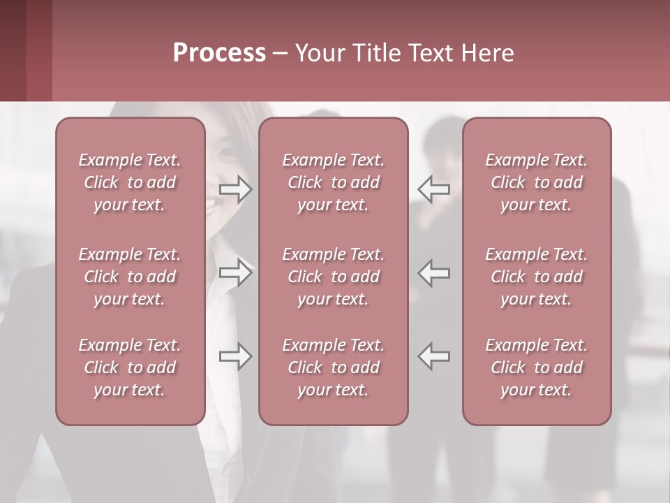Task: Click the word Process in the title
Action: (x=219, y=53)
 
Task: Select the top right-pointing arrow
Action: (x=236, y=189)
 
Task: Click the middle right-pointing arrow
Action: (x=236, y=272)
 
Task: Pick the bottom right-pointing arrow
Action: (x=236, y=356)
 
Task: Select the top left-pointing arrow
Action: (x=433, y=189)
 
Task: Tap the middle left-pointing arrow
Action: (x=433, y=272)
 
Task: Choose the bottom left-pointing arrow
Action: (x=433, y=356)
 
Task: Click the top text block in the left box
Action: (x=130, y=182)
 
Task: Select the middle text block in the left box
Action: (x=130, y=277)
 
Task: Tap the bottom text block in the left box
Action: (x=130, y=367)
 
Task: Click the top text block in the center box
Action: (x=334, y=182)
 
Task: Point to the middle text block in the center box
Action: (x=334, y=277)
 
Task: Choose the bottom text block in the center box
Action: (x=334, y=367)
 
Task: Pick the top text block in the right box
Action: (x=537, y=182)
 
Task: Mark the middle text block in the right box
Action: (x=537, y=277)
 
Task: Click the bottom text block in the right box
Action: (x=537, y=367)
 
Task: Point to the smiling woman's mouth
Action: (x=211, y=202)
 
